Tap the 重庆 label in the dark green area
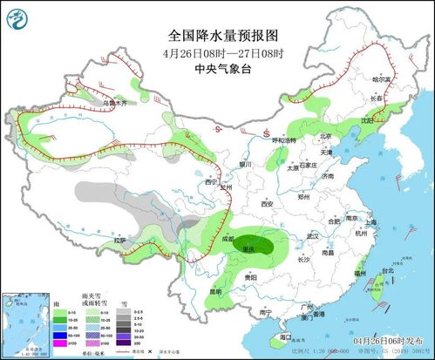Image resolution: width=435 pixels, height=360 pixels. [x=249, y=249]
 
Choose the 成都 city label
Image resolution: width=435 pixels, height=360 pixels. [x=228, y=237]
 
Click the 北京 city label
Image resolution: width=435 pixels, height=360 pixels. [x=325, y=136]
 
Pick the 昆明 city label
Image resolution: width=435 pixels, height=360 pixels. [x=214, y=290]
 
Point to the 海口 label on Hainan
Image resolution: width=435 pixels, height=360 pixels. [x=285, y=335]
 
